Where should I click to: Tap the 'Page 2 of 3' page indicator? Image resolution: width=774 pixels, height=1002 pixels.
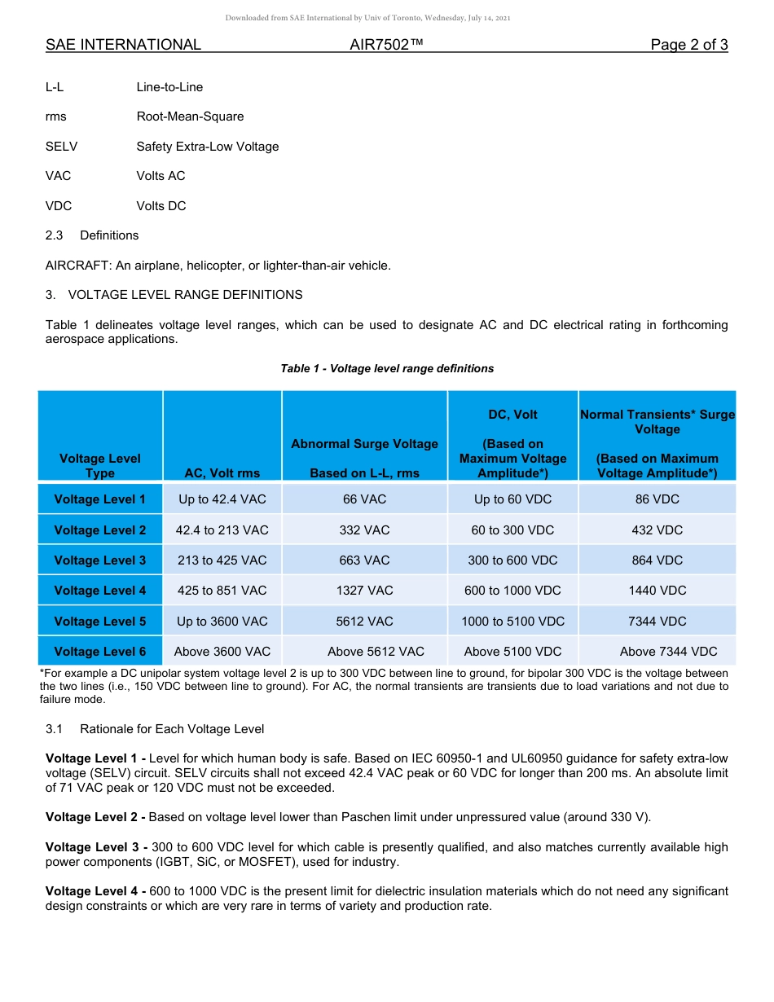click(688, 45)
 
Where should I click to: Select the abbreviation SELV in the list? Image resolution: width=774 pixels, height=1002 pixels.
click(62, 147)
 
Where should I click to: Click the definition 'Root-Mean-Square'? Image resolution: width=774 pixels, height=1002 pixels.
click(190, 116)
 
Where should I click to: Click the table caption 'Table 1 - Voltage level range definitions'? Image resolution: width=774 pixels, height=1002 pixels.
click(387, 368)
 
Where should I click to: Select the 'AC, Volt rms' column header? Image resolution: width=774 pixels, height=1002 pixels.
click(222, 473)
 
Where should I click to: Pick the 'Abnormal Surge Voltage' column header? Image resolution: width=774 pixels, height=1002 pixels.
click(364, 444)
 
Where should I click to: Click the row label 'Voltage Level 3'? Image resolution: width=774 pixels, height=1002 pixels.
click(100, 560)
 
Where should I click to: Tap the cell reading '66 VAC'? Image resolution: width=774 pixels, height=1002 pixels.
click(364, 499)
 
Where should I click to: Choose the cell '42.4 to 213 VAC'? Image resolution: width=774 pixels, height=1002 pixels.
click(222, 530)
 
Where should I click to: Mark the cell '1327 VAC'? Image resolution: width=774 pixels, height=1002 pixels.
click(364, 591)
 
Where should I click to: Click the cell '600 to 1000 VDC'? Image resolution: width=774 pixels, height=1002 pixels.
click(512, 591)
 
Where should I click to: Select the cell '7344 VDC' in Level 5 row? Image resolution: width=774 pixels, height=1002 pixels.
click(657, 622)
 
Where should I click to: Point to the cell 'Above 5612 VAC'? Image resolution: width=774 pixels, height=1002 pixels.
click(376, 652)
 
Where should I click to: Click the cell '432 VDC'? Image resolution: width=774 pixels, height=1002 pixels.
click(657, 530)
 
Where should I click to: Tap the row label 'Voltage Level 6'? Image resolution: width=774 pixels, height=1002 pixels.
click(100, 652)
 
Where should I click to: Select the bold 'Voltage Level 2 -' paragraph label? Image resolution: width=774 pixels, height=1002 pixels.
click(95, 817)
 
